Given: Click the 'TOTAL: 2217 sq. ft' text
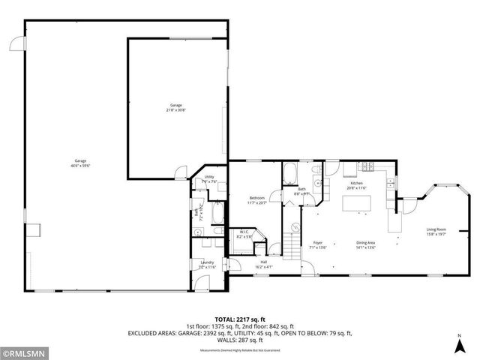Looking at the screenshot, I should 239,319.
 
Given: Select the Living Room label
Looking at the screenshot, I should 436,232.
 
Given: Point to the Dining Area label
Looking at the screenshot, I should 365,244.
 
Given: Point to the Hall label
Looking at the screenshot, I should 263,263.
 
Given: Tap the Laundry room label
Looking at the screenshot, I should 207,264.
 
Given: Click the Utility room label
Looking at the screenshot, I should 209,178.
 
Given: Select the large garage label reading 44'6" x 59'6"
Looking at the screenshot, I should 81,163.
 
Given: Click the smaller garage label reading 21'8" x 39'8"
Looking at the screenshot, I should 175,107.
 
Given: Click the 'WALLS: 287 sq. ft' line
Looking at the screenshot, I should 239,340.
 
